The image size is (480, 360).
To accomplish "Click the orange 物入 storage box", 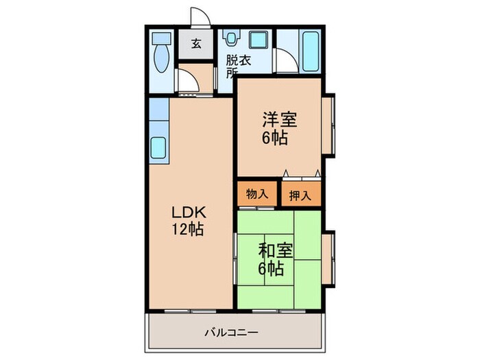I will [257, 194].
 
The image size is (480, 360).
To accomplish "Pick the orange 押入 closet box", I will [300, 195].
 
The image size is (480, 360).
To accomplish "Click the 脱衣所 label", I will [237, 66].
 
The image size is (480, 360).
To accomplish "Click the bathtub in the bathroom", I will [311, 51].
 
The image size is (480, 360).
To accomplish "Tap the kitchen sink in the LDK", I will [158, 147].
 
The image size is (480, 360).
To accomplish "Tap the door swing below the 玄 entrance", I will [188, 80].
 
